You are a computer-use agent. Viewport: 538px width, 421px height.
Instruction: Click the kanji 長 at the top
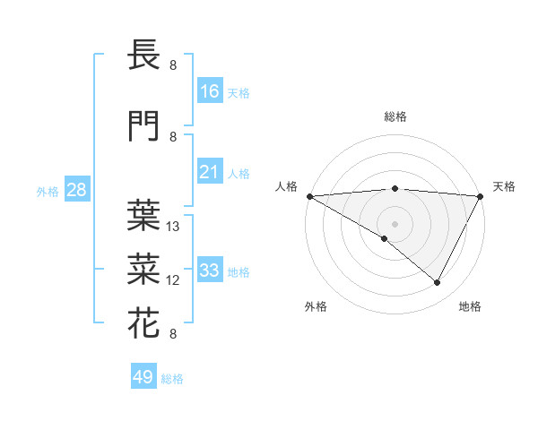pyautogui.click(x=144, y=56)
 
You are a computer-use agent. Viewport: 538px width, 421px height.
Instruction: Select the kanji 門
pyautogui.click(x=144, y=128)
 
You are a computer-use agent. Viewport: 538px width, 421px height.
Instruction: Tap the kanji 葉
pyautogui.click(x=144, y=213)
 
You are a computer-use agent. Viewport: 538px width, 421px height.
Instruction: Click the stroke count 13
pyautogui.click(x=174, y=227)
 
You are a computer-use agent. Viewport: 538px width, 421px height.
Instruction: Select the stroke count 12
pyautogui.click(x=174, y=280)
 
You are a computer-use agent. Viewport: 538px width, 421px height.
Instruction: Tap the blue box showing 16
pyautogui.click(x=210, y=91)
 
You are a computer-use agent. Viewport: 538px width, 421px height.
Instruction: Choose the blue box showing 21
pyautogui.click(x=210, y=173)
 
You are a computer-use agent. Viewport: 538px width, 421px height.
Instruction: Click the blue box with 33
pyautogui.click(x=210, y=271)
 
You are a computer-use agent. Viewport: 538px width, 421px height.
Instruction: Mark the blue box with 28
pyautogui.click(x=76, y=190)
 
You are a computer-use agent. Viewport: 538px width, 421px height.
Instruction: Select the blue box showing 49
pyautogui.click(x=143, y=377)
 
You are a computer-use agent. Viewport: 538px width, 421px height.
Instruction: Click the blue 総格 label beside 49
pyautogui.click(x=172, y=379)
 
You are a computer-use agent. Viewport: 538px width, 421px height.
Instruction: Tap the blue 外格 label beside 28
pyautogui.click(x=48, y=192)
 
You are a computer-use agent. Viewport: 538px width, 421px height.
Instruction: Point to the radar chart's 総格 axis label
pyautogui.click(x=395, y=116)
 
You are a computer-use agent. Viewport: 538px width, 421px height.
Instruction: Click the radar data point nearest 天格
pyautogui.click(x=481, y=196)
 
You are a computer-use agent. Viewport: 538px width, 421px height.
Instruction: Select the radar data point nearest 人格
pyautogui.click(x=309, y=196)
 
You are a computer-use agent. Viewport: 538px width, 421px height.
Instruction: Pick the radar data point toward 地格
pyautogui.click(x=438, y=282)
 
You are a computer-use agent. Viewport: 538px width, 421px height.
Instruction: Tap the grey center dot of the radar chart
pyautogui.click(x=395, y=223)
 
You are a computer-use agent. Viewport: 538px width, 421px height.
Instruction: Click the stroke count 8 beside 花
pyautogui.click(x=173, y=334)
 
